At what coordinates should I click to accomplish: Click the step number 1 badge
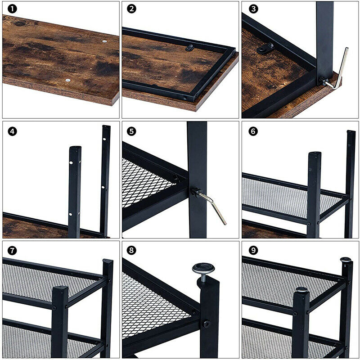click(x=12, y=9)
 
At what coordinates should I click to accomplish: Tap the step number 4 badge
click(x=12, y=131)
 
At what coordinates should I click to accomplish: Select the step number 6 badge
click(x=253, y=131)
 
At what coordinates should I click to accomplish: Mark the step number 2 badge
click(x=131, y=9)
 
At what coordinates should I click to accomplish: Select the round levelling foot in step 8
click(x=202, y=269)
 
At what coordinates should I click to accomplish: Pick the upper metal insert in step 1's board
click(x=105, y=41)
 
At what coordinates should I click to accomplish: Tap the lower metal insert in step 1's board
click(x=68, y=80)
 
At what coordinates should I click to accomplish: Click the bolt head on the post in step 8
click(x=207, y=323)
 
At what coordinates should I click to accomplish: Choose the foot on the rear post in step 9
click(x=346, y=260)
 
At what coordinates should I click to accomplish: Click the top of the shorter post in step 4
click(x=75, y=148)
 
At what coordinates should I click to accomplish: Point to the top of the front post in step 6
click(x=315, y=154)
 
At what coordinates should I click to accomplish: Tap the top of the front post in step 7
click(x=60, y=288)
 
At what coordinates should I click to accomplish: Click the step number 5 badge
click(x=131, y=131)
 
